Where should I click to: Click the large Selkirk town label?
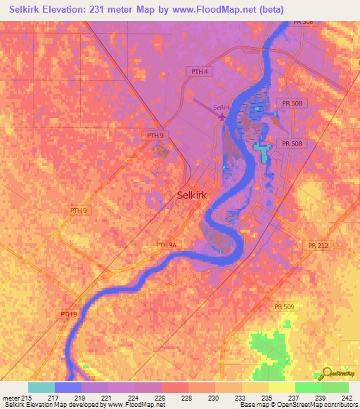192,197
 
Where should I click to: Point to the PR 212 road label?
318,245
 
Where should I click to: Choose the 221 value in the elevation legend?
106,397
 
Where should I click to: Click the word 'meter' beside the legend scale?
11,397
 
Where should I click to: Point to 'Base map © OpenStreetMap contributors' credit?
298,405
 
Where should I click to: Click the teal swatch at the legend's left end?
41,387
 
